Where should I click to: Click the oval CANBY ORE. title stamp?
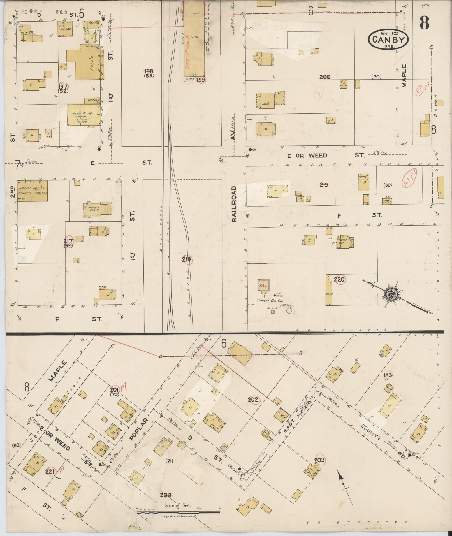pyautogui.click(x=388, y=40)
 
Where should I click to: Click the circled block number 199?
pyautogui.click(x=201, y=80)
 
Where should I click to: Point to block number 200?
pyautogui.click(x=325, y=77)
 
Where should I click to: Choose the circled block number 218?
pyautogui.click(x=187, y=260)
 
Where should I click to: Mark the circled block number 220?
pyautogui.click(x=339, y=279)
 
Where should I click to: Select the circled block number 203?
pyautogui.click(x=319, y=460)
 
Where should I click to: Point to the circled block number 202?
pyautogui.click(x=253, y=400)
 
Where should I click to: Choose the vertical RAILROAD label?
pyautogui.click(x=234, y=204)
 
